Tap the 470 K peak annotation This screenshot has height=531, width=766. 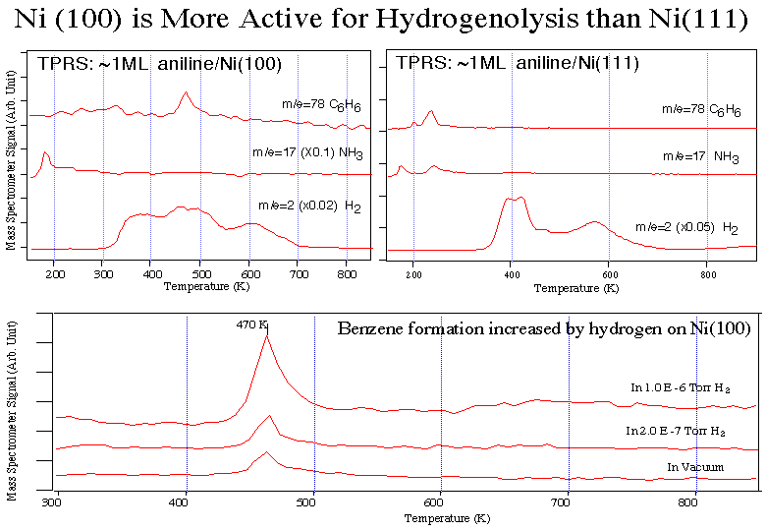pos(252,324)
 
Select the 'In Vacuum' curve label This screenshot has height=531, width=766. pos(694,466)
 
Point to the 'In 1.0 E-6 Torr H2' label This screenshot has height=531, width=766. pos(682,387)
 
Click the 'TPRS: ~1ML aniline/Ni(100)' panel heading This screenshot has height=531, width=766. pos(160,64)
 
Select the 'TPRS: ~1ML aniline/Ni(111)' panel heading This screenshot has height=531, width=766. pos(518,64)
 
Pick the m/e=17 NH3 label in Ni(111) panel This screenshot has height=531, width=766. pos(700,156)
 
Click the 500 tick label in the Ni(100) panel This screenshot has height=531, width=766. pos(199,274)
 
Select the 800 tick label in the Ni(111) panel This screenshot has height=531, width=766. pos(707,275)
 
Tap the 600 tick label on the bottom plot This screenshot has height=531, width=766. pos(441,501)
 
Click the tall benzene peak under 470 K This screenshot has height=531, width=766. pos(266,337)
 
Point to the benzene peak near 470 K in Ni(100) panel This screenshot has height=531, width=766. pos(185,93)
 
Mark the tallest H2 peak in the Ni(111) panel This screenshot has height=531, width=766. pos(521,198)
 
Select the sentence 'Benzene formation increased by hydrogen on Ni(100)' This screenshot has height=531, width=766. pos(543,328)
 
